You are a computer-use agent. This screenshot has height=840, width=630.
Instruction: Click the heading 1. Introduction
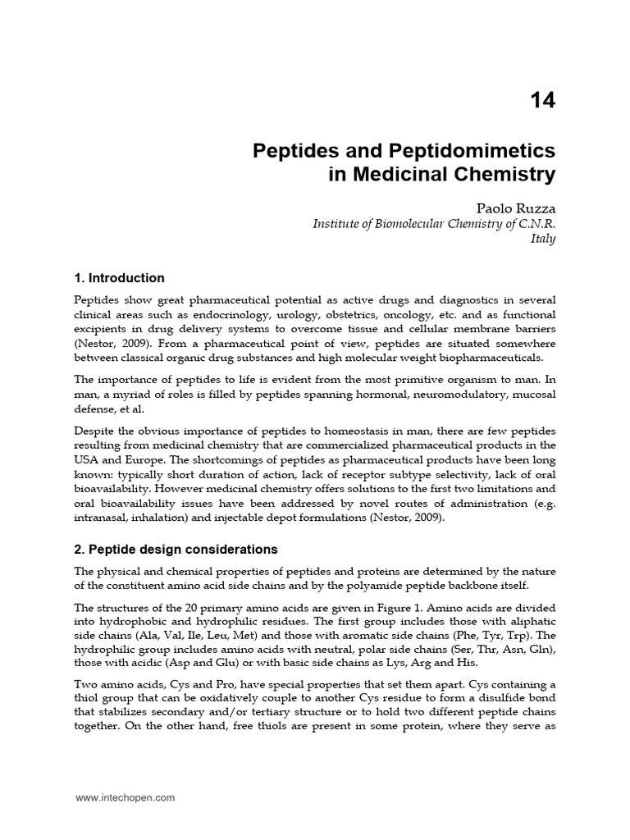[120, 278]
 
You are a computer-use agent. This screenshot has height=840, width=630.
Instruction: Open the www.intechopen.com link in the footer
[125, 797]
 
